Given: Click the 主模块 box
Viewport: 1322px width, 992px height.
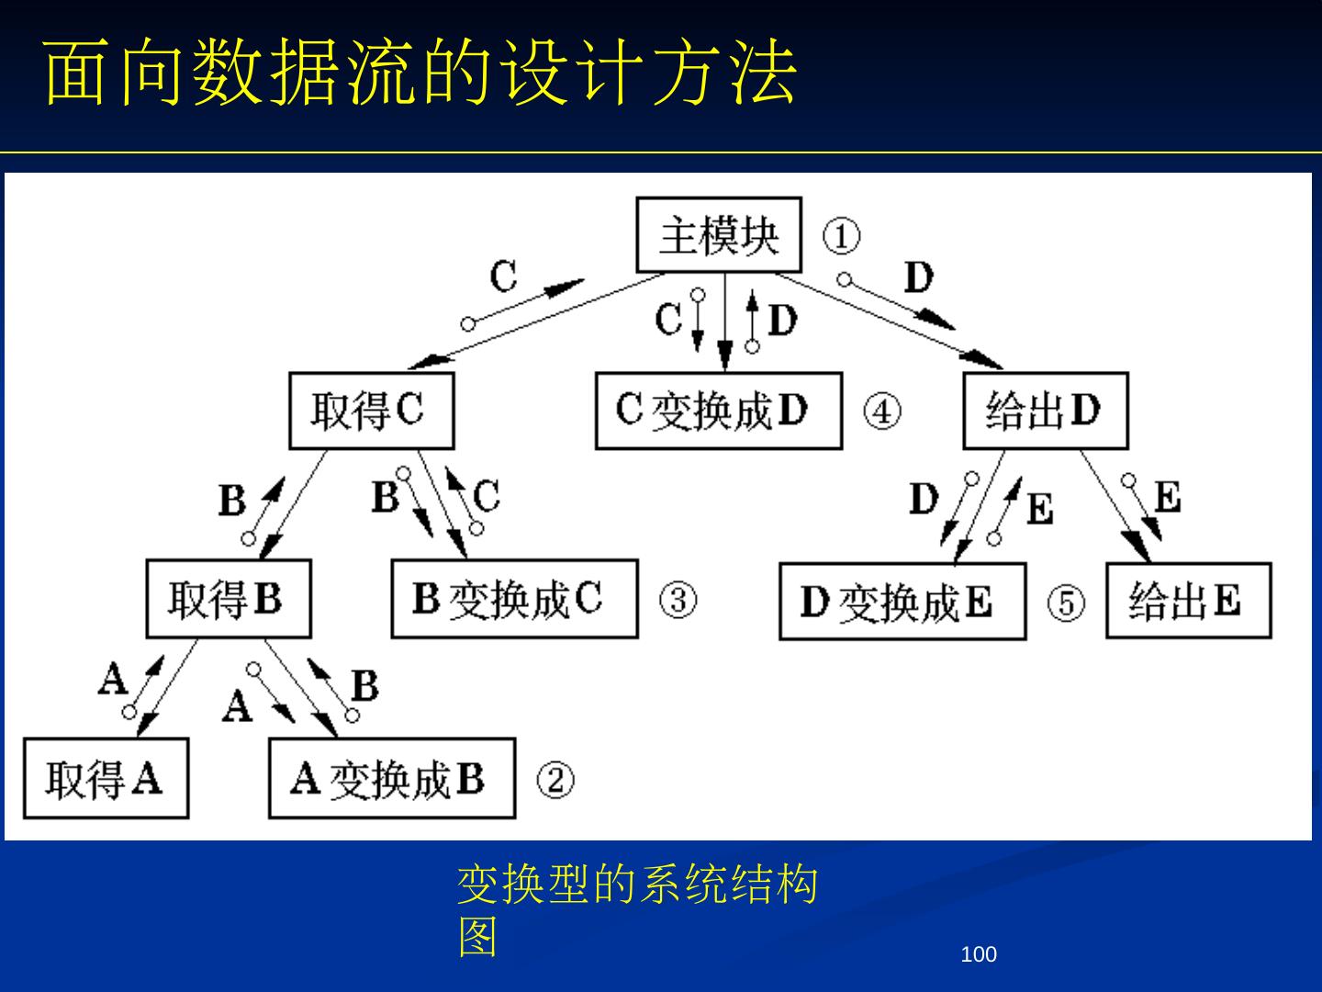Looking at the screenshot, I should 719,235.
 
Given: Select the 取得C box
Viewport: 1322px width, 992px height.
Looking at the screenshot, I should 371,411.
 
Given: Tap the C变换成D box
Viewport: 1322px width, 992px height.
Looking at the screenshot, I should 718,411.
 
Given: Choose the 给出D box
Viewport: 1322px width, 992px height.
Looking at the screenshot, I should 1045,411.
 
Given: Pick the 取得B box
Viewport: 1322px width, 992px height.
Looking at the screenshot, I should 228,600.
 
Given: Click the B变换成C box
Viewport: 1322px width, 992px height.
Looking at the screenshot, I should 514,600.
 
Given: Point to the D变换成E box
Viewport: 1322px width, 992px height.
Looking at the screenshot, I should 902,603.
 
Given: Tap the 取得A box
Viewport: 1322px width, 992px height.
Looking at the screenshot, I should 106,779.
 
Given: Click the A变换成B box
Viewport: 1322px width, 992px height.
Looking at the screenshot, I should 391,779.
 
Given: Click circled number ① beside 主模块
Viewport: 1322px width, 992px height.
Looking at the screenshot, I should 841,236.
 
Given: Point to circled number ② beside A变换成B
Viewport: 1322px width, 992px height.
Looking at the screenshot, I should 555,781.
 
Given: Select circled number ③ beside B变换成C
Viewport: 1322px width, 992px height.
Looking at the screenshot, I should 678,601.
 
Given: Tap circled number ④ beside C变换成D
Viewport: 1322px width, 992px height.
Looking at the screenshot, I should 881,411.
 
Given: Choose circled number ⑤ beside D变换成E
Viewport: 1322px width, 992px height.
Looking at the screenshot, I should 1066,603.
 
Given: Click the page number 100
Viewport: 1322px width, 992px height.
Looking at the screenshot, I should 978,955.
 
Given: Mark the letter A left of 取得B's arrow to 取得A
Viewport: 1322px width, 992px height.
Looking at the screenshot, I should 112,681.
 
